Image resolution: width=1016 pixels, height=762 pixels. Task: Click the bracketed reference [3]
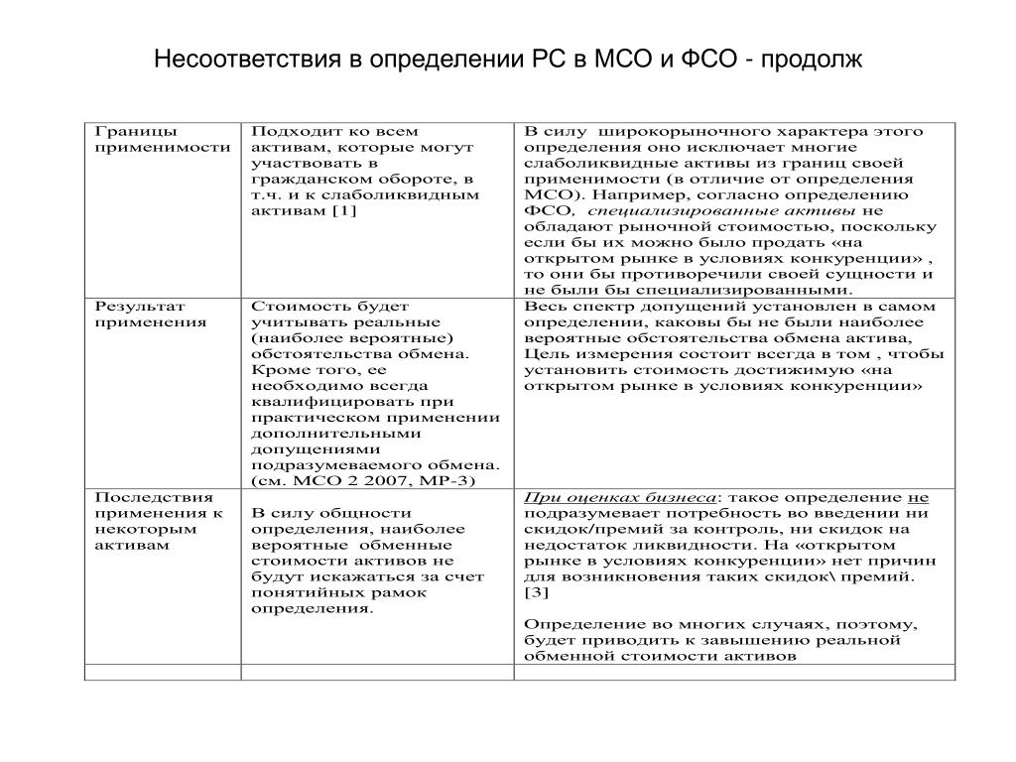coord(536,592)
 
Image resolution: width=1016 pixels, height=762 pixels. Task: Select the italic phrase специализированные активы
coord(721,210)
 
